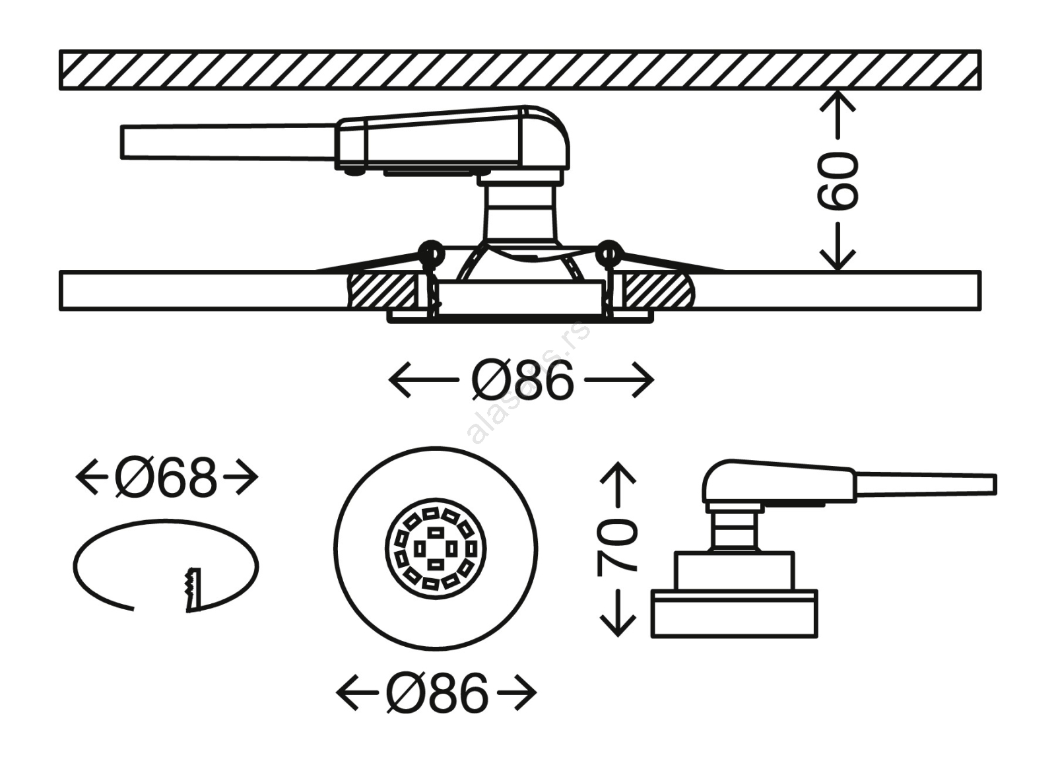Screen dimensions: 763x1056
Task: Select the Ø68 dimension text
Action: click(166, 478)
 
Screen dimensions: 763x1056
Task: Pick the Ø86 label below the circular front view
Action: click(437, 693)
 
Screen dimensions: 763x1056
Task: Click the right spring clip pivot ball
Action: click(608, 253)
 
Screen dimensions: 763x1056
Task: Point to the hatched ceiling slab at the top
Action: click(519, 70)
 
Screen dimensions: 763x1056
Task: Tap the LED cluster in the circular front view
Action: click(436, 548)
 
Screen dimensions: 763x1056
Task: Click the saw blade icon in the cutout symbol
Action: click(192, 589)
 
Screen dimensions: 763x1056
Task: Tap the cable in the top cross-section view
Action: click(228, 142)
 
